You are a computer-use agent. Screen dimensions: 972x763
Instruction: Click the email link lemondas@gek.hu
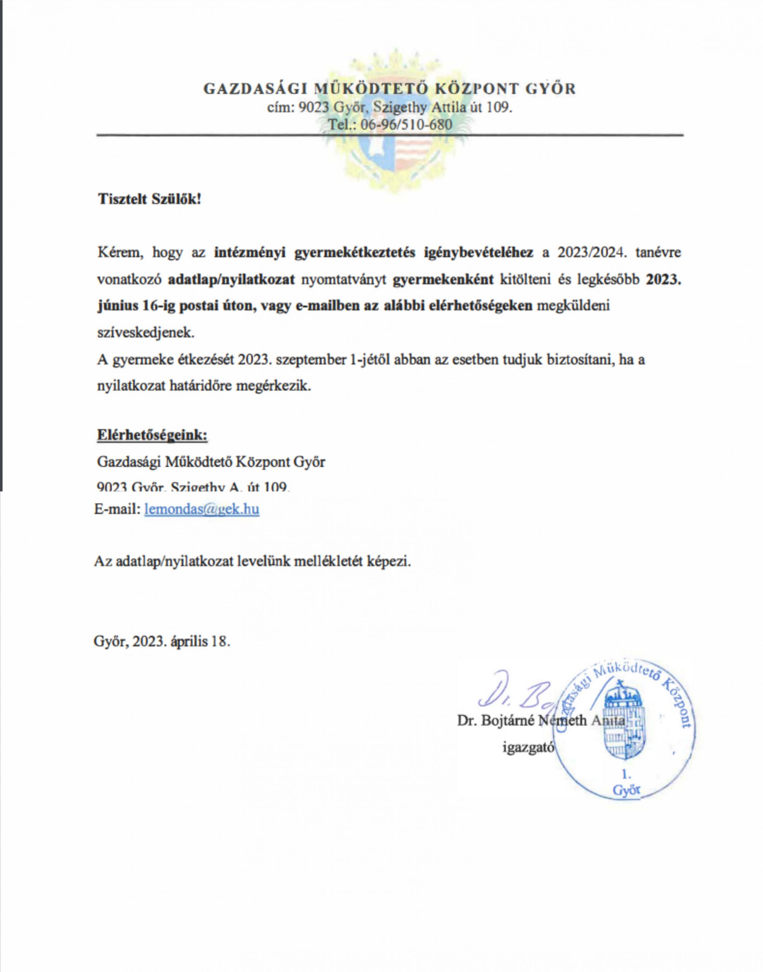tap(201, 509)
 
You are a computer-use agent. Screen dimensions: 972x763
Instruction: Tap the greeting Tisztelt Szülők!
tap(150, 199)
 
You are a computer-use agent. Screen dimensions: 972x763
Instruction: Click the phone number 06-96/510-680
tap(406, 125)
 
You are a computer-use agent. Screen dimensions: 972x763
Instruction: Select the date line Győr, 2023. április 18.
tap(162, 642)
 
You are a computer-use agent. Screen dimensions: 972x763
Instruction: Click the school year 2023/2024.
tap(590, 252)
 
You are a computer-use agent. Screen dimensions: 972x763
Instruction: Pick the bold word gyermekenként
tap(443, 279)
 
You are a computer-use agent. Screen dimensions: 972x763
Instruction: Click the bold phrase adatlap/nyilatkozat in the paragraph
tap(232, 279)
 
